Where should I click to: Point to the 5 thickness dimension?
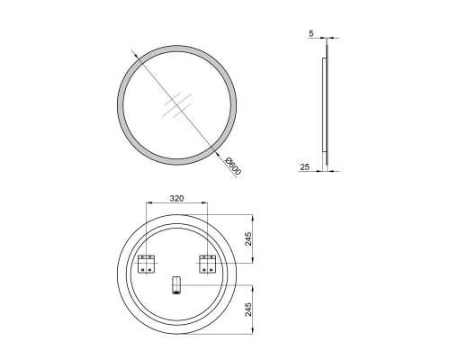(310, 34)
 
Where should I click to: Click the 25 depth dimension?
(307, 166)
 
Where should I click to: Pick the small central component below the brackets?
(175, 287)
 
